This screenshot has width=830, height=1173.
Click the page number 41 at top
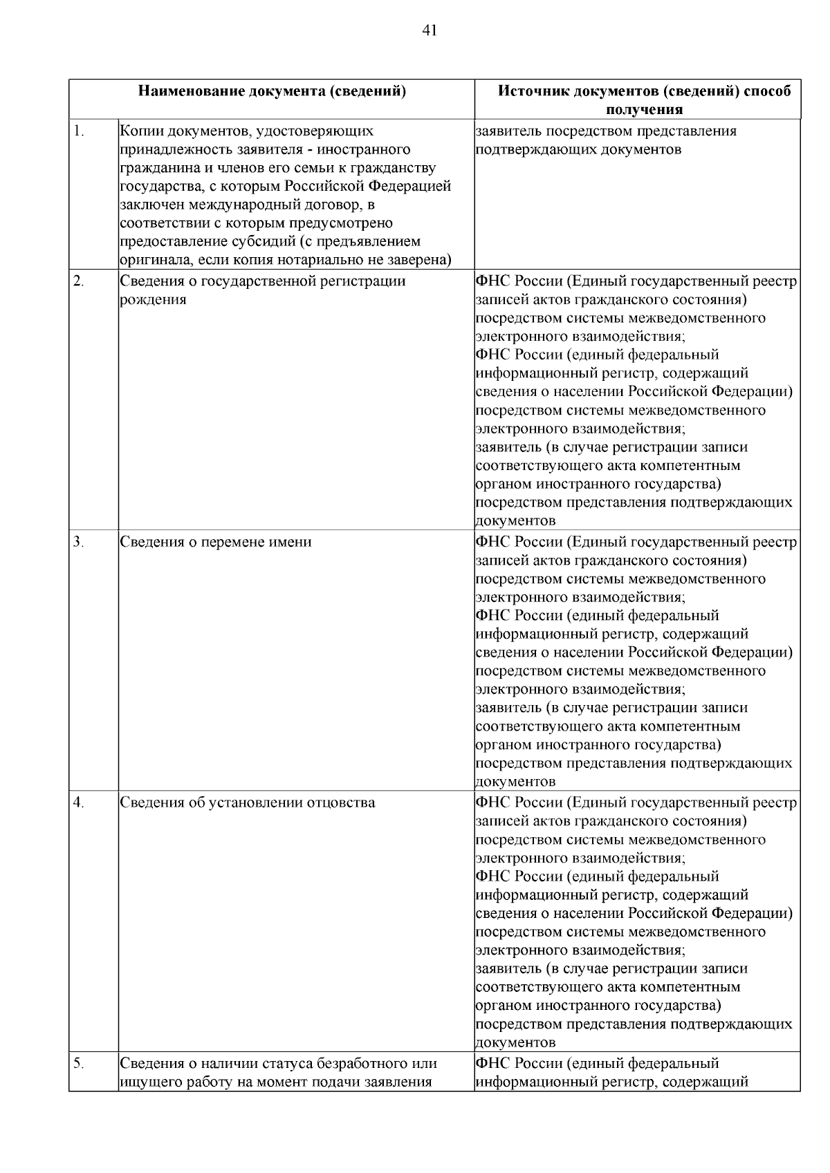pyautogui.click(x=429, y=30)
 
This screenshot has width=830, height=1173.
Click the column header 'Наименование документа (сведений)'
pyautogui.click(x=271, y=91)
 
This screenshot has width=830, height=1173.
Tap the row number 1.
pyautogui.click(x=79, y=131)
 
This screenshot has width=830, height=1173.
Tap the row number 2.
pyautogui.click(x=79, y=281)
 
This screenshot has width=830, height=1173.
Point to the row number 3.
pyautogui.click(x=79, y=541)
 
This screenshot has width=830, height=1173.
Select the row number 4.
pyautogui.click(x=79, y=802)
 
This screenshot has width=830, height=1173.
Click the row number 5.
pyautogui.click(x=79, y=1062)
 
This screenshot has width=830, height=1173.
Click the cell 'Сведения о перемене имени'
pyautogui.click(x=216, y=542)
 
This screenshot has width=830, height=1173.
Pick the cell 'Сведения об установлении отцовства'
pyautogui.click(x=248, y=803)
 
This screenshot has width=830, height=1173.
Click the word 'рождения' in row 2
pyautogui.click(x=153, y=300)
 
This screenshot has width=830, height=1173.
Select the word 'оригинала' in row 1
pyautogui.click(x=153, y=261)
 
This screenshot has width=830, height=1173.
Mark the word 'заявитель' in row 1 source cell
pyautogui.click(x=508, y=131)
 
